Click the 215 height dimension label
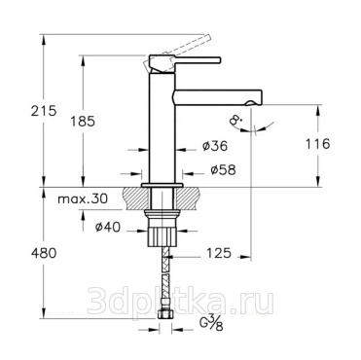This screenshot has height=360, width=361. (x=44, y=111)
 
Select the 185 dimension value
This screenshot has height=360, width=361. (x=83, y=122)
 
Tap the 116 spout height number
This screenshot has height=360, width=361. (x=317, y=143)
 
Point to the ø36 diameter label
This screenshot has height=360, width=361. (x=215, y=146)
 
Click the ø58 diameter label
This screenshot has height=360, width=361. (x=223, y=169)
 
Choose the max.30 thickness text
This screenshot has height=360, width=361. (x=83, y=198)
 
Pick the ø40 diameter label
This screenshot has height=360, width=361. (x=108, y=227)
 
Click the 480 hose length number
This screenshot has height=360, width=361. (x=44, y=253)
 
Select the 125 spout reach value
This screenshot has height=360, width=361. (x=219, y=253)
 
